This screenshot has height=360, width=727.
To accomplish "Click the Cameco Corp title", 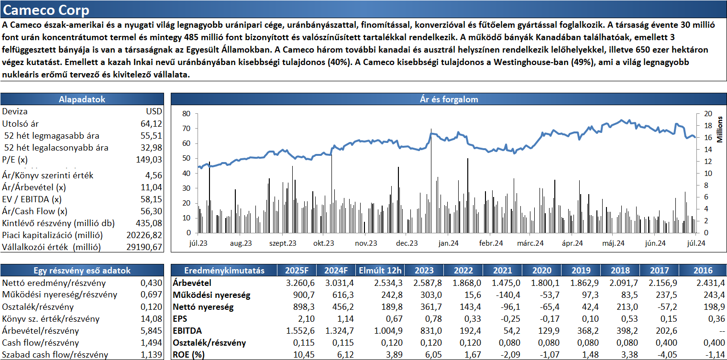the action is tap(46, 10).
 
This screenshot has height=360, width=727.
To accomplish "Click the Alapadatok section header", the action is tap(82, 99).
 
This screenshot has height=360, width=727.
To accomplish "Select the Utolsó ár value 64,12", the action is tap(151, 123).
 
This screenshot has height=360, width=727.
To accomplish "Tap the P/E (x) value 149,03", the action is tap(149, 160).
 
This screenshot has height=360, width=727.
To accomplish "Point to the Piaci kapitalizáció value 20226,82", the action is tap(144, 235).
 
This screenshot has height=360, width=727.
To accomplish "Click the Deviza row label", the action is tap(15, 111).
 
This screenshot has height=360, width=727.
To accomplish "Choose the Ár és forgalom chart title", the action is tap(449, 99).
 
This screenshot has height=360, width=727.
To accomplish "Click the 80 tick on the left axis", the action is tap(187, 113).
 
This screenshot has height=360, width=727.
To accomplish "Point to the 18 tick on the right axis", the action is tap(708, 126).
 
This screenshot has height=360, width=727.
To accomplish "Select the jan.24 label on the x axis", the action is tap(448, 243).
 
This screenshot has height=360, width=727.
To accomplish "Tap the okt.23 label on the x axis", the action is tap(323, 243).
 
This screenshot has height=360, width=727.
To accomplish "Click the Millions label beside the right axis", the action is tap(720, 130).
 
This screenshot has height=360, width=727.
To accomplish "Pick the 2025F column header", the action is tap(297, 271).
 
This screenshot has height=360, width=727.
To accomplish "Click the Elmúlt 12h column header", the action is tap(380, 271).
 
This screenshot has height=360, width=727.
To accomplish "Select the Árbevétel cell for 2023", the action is tap(428, 283).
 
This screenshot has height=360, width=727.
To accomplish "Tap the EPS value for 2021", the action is tap(510, 319).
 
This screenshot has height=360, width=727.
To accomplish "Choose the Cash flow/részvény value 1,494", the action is tap(151, 343).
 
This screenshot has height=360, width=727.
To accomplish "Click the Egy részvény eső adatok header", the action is tap(82, 271).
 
